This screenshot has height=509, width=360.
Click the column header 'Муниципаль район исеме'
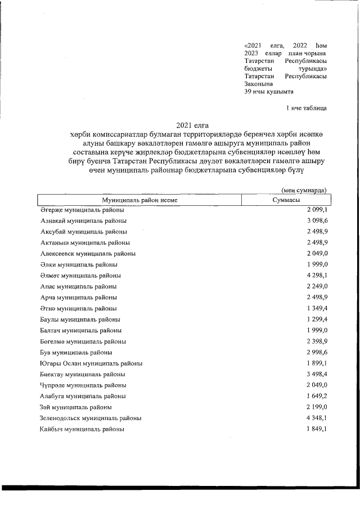(139, 200)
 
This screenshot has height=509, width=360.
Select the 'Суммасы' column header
(285, 200)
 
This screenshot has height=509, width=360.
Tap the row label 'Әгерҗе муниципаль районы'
(82, 210)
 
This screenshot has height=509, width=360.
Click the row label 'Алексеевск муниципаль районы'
(88, 254)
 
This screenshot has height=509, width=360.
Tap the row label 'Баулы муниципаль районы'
(80, 319)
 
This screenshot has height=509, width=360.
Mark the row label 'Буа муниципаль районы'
(76, 353)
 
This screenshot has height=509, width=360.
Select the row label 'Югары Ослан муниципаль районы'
(91, 363)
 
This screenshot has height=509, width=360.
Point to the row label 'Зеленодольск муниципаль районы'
(91, 418)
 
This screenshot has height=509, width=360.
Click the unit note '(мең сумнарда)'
(304, 191)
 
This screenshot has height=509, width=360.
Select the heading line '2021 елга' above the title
(188, 125)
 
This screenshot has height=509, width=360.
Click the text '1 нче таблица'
(306, 107)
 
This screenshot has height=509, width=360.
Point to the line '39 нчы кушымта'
(269, 91)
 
